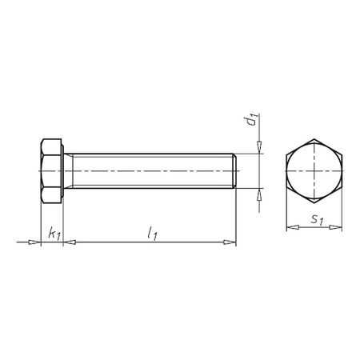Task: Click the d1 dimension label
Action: pyautogui.click(x=250, y=121)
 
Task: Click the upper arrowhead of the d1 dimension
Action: pyautogui.click(x=259, y=147)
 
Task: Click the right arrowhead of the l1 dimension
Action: pyautogui.click(x=233, y=241)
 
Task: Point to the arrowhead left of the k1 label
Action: pyautogui.click(x=34, y=241)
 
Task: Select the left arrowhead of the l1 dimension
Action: pyautogui.click(x=67, y=241)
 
